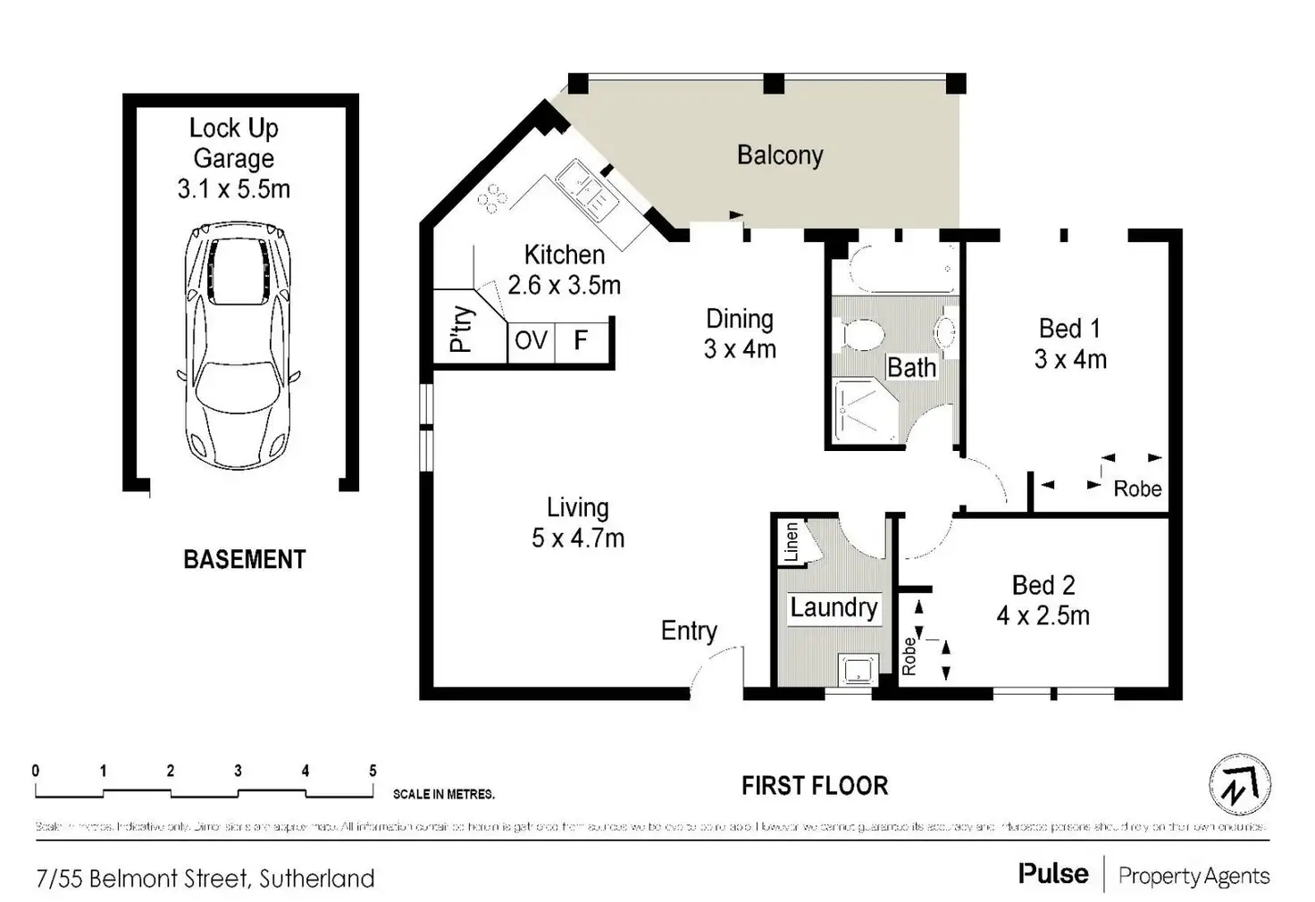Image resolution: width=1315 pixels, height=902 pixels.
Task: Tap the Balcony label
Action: (x=780, y=155)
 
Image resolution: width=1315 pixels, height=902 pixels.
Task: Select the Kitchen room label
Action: (x=564, y=255)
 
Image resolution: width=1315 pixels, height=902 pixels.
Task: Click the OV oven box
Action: (x=531, y=340)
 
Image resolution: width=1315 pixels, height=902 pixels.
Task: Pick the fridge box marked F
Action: (x=581, y=340)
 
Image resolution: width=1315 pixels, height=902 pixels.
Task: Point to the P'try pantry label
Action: (x=461, y=329)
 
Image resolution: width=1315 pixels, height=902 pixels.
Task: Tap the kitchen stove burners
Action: (x=490, y=200)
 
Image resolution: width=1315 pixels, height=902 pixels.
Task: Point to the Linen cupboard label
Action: (x=792, y=542)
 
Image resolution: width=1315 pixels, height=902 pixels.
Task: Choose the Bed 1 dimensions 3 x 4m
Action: (x=1070, y=359)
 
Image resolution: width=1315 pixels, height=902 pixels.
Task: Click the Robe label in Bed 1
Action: (x=1137, y=489)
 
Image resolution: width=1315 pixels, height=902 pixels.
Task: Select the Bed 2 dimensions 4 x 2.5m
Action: (x=1043, y=615)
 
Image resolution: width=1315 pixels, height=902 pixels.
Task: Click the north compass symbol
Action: (x=1240, y=785)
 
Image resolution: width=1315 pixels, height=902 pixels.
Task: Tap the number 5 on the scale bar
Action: (x=373, y=771)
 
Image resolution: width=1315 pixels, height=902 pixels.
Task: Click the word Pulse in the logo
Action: (x=1053, y=873)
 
